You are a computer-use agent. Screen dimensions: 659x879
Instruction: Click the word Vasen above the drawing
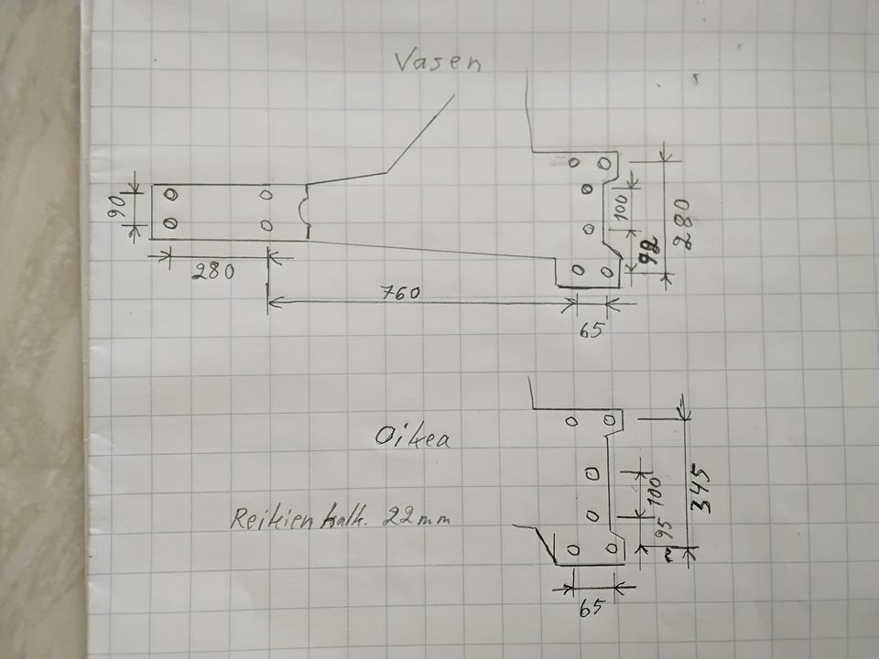(x=437, y=62)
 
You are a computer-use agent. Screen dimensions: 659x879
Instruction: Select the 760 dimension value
(x=399, y=293)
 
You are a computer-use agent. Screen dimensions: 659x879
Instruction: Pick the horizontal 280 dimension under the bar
(x=213, y=271)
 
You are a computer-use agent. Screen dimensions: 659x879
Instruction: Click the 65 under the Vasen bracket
(x=591, y=329)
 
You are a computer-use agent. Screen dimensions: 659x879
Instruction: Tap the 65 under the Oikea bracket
(x=592, y=607)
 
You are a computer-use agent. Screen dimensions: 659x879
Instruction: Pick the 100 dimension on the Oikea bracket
(x=653, y=492)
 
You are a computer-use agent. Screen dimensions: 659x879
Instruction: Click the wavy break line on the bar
(x=308, y=211)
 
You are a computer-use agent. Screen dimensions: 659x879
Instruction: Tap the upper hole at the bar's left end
(x=170, y=194)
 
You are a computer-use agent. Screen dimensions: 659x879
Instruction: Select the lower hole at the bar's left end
(x=169, y=223)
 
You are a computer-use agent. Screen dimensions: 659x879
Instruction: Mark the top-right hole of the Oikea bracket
(x=609, y=418)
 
